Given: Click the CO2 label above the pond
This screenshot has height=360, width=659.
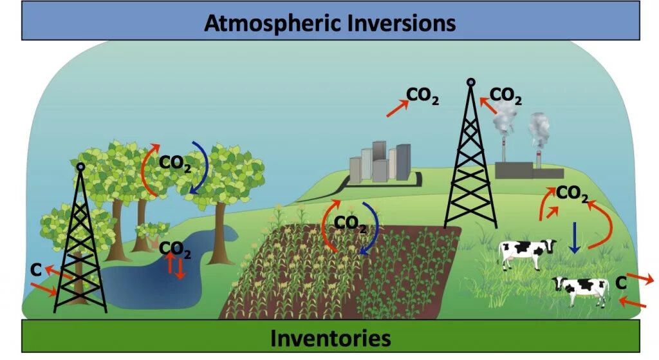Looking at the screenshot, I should pos(174,249).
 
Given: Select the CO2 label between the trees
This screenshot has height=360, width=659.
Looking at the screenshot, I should pos(175,163).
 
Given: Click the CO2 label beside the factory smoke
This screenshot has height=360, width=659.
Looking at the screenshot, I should pos(506,96).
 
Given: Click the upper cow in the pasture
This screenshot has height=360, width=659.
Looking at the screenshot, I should pos(528,252).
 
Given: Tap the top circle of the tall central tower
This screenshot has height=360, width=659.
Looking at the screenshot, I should pos(471,82).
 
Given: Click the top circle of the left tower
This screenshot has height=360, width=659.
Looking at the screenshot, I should pos(80,167).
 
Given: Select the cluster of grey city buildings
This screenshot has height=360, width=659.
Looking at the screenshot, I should pos(380,162).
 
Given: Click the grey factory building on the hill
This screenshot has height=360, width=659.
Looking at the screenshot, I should pos(528,170).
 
